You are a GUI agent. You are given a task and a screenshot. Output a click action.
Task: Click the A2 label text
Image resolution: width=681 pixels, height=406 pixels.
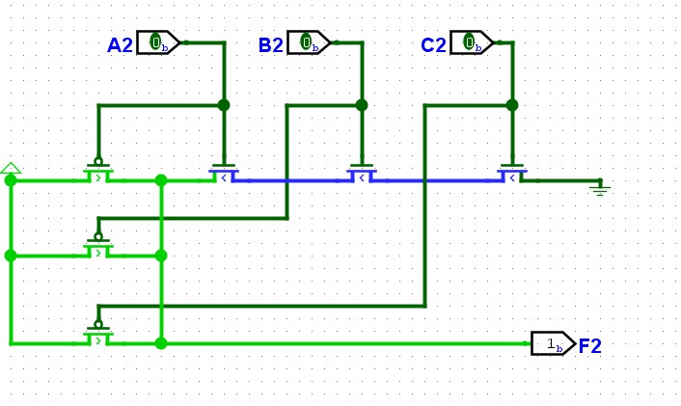click(x=120, y=45)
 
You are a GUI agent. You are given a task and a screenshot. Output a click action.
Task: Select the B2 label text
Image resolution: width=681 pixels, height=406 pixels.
click(x=271, y=45)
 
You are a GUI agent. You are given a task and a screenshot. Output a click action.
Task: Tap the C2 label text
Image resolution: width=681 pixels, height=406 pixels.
click(x=433, y=45)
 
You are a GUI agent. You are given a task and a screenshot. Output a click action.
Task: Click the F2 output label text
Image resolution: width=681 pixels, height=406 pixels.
click(x=590, y=346)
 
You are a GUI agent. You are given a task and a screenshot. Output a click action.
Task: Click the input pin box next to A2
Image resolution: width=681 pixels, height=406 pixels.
click(x=158, y=42)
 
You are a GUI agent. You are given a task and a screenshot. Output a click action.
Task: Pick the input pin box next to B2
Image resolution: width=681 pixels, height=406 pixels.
click(x=309, y=42)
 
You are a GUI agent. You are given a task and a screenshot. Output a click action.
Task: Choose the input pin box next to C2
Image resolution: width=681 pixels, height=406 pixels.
click(x=472, y=42)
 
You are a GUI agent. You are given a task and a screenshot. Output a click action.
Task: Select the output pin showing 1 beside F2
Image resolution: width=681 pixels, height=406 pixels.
click(x=554, y=343)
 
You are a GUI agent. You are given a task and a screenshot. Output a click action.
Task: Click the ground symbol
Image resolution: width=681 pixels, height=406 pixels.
click(x=600, y=188)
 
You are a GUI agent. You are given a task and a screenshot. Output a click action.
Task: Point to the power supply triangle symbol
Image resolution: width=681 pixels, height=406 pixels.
click(x=11, y=168)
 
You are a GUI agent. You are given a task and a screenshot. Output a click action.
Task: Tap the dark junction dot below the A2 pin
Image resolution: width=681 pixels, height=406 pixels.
click(x=224, y=105)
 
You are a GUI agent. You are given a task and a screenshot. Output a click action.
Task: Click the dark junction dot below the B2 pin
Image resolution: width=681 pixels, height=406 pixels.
click(x=362, y=105)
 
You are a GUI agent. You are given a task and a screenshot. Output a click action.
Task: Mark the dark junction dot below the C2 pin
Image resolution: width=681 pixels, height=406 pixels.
click(x=512, y=105)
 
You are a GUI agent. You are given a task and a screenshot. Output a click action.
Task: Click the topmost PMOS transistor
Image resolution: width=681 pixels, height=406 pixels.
click(x=98, y=172)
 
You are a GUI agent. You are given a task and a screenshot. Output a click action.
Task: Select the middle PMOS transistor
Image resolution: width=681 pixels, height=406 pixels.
click(x=98, y=248)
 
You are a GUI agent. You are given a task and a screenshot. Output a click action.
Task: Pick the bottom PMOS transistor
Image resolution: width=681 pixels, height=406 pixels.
click(x=98, y=336)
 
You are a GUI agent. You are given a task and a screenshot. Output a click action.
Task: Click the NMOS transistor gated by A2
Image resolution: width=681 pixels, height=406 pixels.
click(x=224, y=174)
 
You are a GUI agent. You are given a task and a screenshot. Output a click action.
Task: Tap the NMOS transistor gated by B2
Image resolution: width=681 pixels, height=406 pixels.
click(x=362, y=174)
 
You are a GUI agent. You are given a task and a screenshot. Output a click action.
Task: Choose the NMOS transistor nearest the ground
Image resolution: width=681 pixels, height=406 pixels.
click(x=512, y=174)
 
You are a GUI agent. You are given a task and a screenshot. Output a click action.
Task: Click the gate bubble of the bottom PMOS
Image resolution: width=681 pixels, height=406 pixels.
click(x=98, y=324)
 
